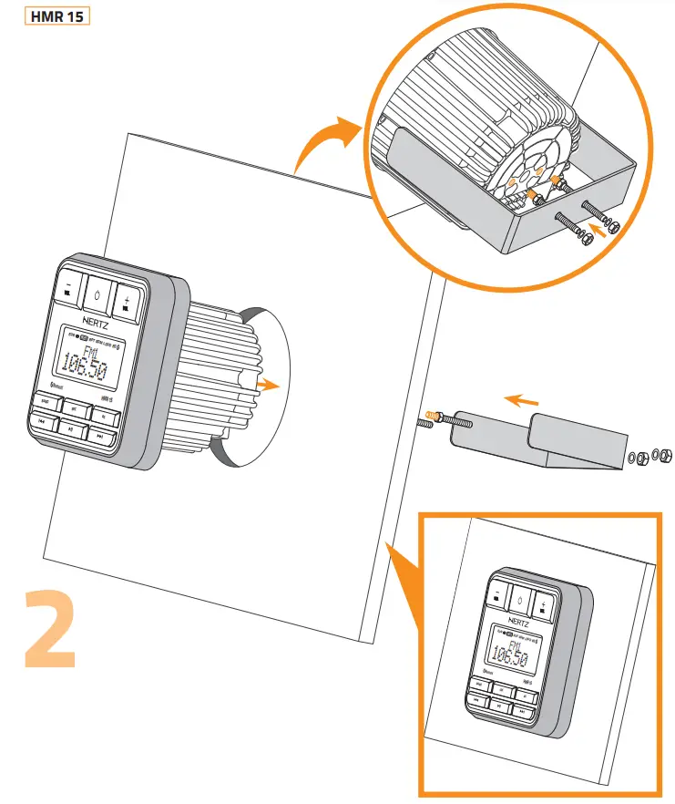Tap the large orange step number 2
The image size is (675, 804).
click(x=49, y=630)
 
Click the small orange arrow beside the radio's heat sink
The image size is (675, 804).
click(x=267, y=386)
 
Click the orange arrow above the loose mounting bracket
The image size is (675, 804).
click(x=521, y=398)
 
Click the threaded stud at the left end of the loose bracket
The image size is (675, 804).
click(x=429, y=421)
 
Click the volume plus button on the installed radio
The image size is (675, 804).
click(x=544, y=604)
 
